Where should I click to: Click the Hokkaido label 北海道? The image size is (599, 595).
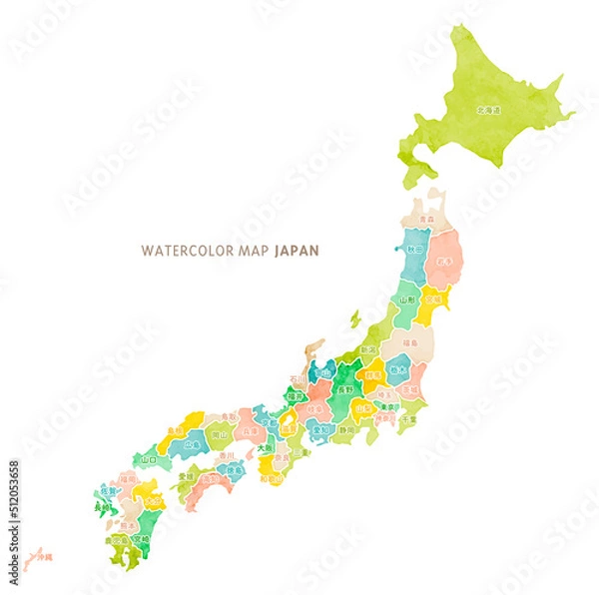[x=488, y=110]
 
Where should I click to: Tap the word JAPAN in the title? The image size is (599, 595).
[x=297, y=251]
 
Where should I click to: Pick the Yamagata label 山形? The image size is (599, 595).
[x=407, y=297]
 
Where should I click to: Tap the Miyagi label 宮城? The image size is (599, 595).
[x=432, y=297]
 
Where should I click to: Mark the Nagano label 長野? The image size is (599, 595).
[x=342, y=392]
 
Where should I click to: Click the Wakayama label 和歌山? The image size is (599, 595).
[x=267, y=477]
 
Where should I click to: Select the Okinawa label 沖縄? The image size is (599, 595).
[x=44, y=555]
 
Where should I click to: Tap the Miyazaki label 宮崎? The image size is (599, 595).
[x=142, y=539]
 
